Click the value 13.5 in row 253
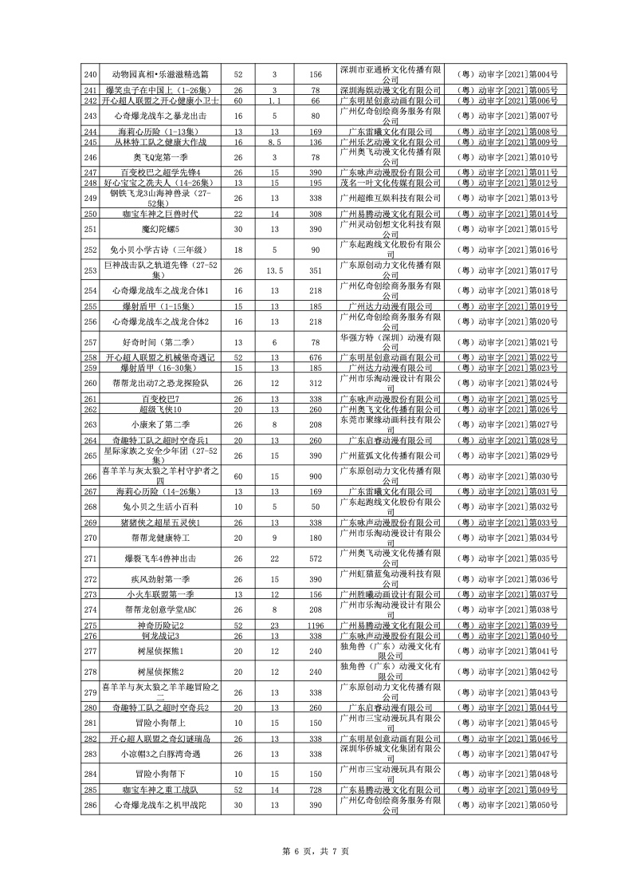click(x=275, y=270)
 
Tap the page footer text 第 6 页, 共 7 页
click(x=316, y=851)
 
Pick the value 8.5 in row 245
click(x=275, y=142)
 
